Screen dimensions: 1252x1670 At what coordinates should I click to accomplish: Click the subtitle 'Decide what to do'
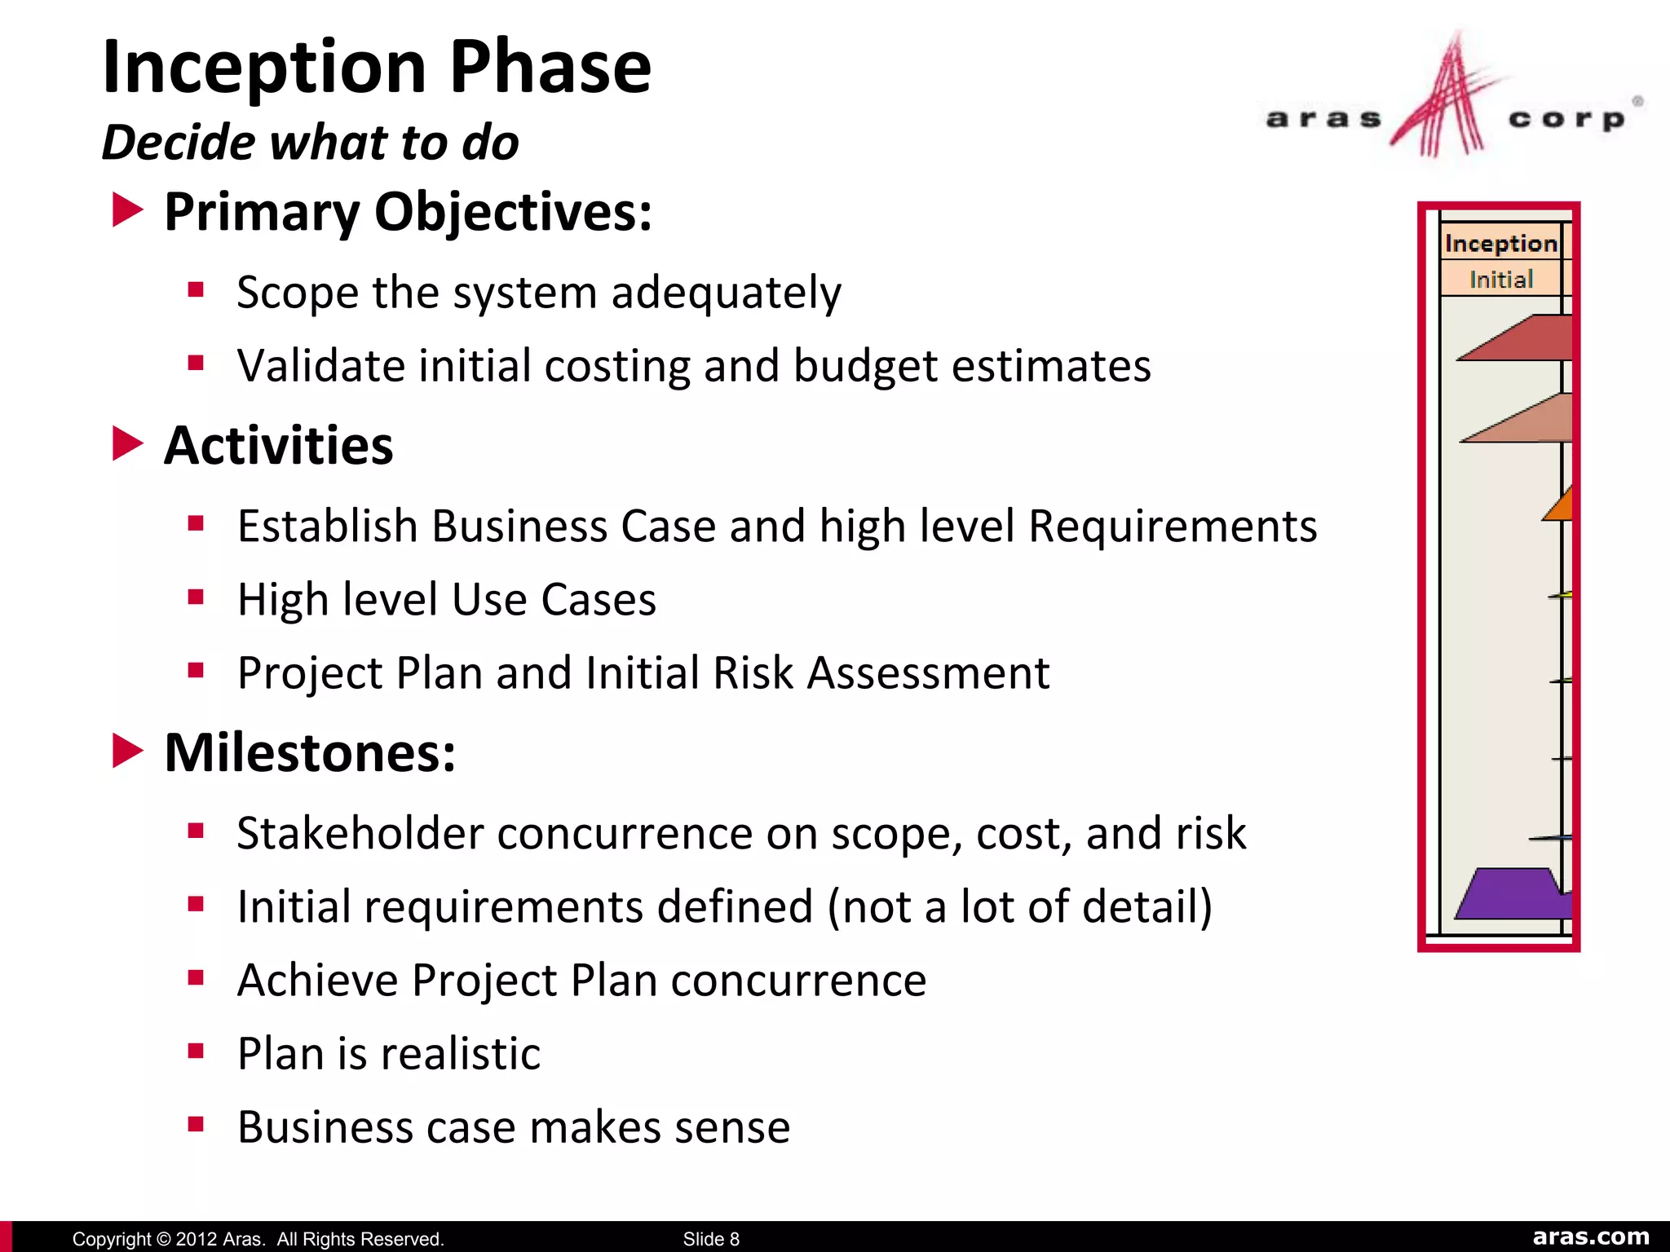[x=310, y=143]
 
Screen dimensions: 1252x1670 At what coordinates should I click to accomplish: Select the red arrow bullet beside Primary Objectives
[x=127, y=210]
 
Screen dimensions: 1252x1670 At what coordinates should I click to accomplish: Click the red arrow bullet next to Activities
[x=127, y=443]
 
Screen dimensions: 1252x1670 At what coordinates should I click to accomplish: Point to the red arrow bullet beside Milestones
[x=127, y=751]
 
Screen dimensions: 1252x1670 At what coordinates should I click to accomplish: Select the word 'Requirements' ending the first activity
[x=1173, y=526]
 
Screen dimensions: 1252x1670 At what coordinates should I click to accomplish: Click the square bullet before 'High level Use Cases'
[x=196, y=597]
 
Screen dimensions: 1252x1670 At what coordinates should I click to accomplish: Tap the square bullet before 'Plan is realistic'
[x=196, y=1051]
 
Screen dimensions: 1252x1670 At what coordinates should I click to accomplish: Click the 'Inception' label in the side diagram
[x=1500, y=243]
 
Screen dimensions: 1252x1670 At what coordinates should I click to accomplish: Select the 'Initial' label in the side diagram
[x=1500, y=280]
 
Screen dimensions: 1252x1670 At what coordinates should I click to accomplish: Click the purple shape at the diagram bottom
[x=1512, y=896]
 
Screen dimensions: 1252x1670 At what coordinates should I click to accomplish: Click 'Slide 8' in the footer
[x=711, y=1239]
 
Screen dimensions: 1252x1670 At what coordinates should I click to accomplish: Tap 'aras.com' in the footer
[x=1591, y=1237]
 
